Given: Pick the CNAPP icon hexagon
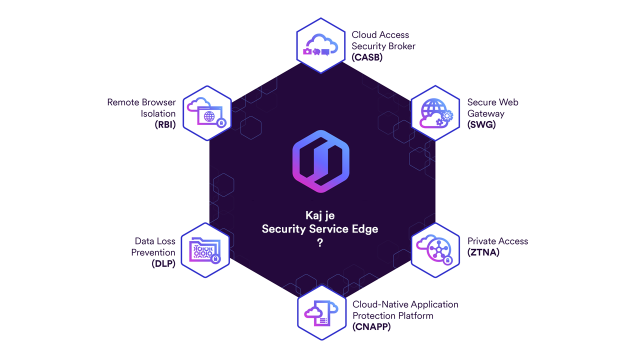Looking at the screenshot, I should pyautogui.click(x=321, y=313).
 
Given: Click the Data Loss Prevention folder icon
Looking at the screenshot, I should pyautogui.click(x=205, y=250).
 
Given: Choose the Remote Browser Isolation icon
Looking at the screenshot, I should pyautogui.click(x=207, y=113).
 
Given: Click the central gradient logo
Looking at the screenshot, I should pyautogui.click(x=320, y=160).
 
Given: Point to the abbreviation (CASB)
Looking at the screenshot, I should pyautogui.click(x=366, y=57).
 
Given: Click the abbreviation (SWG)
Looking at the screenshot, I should pyautogui.click(x=481, y=125).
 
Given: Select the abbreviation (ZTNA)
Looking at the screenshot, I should pyautogui.click(x=483, y=252).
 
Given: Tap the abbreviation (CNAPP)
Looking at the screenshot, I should pyautogui.click(x=371, y=327).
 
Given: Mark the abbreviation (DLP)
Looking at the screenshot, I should pyautogui.click(x=163, y=264).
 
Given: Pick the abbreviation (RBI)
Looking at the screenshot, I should pyautogui.click(x=165, y=125).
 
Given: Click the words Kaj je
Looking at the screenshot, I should pyautogui.click(x=320, y=215).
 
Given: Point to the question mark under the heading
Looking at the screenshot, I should pyautogui.click(x=320, y=243).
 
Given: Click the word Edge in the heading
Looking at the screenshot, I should pyautogui.click(x=365, y=229).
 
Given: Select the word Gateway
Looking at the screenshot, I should pyautogui.click(x=485, y=113).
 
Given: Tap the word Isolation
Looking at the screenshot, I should pyautogui.click(x=158, y=113).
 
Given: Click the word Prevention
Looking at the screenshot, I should pyautogui.click(x=153, y=252).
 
